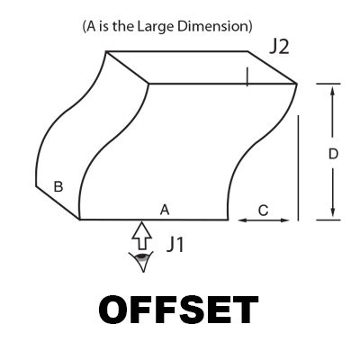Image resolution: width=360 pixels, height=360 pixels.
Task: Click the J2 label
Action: pos(279,48)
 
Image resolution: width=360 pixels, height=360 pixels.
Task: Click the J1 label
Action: pos(175,245)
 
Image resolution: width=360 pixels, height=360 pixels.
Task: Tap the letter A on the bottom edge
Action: pos(165,210)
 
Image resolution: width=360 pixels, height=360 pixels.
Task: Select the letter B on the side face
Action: pos(58,186)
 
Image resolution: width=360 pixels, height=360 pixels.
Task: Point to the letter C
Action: pos(263,211)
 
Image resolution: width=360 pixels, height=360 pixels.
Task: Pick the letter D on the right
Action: pos(333,154)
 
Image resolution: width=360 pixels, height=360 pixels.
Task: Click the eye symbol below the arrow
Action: pos(141,261)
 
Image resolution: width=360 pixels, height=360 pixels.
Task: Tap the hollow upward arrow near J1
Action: pos(142,236)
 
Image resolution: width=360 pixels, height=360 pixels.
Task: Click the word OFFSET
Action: pos(178,310)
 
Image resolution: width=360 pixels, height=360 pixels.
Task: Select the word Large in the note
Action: pos(156,26)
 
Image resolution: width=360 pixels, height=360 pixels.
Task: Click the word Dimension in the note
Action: pos(212,26)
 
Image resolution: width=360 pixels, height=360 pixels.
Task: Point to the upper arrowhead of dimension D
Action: pos(332,90)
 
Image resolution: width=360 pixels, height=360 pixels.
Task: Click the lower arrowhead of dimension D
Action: pos(332,212)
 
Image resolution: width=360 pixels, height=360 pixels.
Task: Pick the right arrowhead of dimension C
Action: pos(284,220)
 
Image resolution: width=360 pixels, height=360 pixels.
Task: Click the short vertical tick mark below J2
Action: pos(247,76)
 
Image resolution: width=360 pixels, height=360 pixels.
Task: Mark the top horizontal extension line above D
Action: pos(328,84)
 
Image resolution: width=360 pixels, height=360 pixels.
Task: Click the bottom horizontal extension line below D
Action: pos(328,220)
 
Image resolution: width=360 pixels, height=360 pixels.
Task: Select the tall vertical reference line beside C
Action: pos(298,168)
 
